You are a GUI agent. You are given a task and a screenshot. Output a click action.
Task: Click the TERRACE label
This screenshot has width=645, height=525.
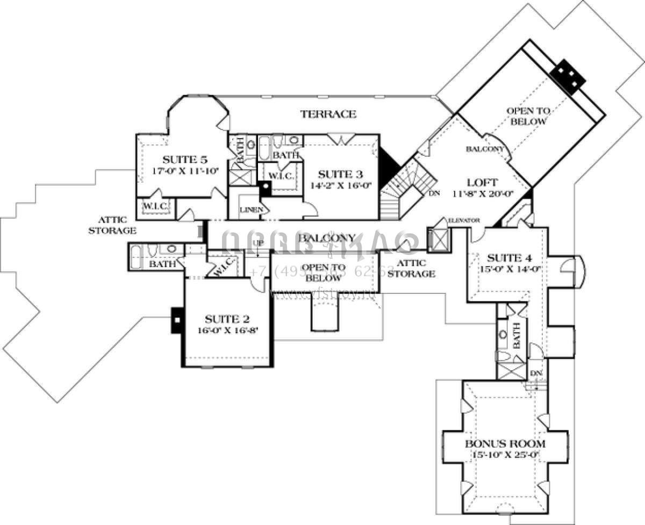point(328,114)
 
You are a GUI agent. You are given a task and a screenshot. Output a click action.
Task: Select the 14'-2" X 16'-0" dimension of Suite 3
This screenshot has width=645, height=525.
point(340,185)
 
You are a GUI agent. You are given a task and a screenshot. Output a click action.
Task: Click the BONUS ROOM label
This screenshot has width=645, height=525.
point(505,444)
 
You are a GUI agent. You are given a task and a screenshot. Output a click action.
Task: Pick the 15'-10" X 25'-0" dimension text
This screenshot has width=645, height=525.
point(505,455)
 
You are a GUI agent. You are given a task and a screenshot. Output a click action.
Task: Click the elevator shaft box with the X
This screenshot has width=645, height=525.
point(438,239)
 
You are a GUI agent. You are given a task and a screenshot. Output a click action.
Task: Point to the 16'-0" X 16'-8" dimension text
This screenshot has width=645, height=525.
point(228,330)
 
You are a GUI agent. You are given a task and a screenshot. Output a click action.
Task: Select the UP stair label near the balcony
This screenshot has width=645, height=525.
point(258,243)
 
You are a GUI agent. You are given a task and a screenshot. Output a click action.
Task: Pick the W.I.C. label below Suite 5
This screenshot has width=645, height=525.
point(155,206)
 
